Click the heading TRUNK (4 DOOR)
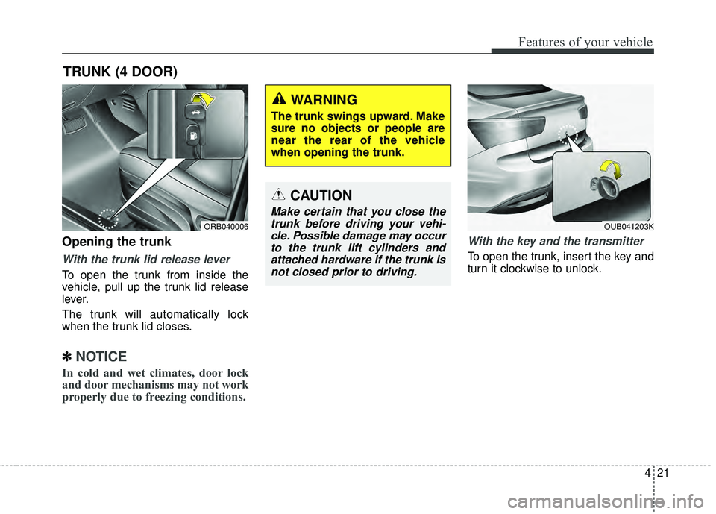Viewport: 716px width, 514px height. (120, 72)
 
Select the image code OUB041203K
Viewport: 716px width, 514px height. (629, 226)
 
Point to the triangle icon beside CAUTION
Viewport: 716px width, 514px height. (279, 195)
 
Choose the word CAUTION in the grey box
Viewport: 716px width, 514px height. (321, 195)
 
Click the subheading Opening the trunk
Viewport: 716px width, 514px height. (116, 242)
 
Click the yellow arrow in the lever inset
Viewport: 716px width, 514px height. (207, 102)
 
